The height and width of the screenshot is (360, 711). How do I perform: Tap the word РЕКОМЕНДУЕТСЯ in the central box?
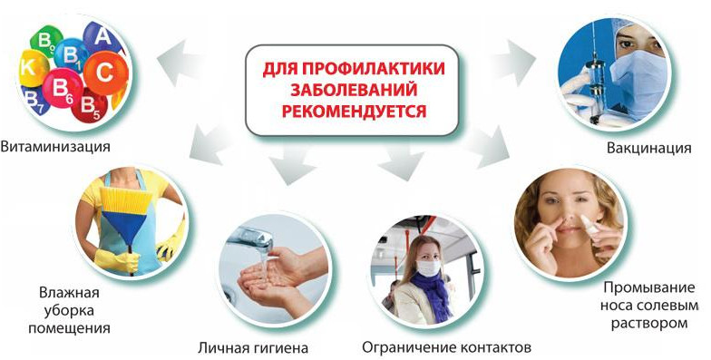pyautogui.click(x=354, y=111)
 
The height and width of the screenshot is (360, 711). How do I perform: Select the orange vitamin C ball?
pyautogui.click(x=105, y=73)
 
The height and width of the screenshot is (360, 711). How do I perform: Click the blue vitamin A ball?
pyautogui.click(x=102, y=38)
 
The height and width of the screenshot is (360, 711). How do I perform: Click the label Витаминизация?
pyautogui.click(x=55, y=147)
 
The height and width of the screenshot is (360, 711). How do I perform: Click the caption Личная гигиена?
pyautogui.click(x=253, y=348)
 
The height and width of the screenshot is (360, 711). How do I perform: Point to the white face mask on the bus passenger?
pyautogui.click(x=428, y=267)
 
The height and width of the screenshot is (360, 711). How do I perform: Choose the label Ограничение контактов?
pyautogui.click(x=446, y=348)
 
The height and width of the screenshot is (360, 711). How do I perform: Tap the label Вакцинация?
pyautogui.click(x=649, y=149)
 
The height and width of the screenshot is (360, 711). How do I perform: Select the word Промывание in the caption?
pyautogui.click(x=649, y=288)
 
